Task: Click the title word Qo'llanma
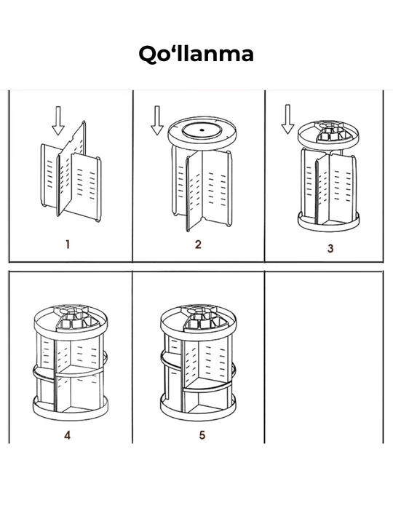click(x=196, y=54)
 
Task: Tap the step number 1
click(x=68, y=245)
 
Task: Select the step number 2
click(x=198, y=245)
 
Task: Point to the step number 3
click(x=330, y=248)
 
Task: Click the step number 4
click(x=67, y=435)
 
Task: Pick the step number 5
click(x=202, y=435)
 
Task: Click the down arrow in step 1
click(x=58, y=121)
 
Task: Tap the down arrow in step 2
click(x=157, y=120)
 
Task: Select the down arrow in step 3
click(x=287, y=119)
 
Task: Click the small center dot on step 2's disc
click(x=202, y=130)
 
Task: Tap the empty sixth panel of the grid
click(x=324, y=357)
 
